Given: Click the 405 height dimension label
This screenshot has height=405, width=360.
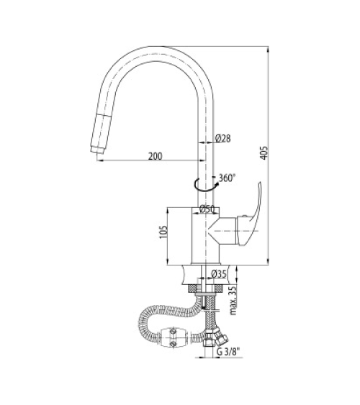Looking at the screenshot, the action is click(x=264, y=153).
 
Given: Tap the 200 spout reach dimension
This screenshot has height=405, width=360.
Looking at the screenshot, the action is click(x=156, y=156).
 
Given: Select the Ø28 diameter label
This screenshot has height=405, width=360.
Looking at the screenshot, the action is click(x=222, y=138).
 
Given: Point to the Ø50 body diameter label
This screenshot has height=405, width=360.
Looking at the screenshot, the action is click(x=207, y=209).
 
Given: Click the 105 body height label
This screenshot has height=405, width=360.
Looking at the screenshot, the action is click(x=164, y=232).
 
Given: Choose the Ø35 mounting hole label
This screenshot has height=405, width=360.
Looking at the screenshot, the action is click(x=219, y=274).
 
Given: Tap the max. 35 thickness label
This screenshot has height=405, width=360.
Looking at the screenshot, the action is click(x=233, y=300).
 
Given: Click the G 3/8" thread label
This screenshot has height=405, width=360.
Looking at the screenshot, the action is click(x=228, y=352).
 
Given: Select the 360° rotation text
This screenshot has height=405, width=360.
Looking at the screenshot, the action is click(x=228, y=178).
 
